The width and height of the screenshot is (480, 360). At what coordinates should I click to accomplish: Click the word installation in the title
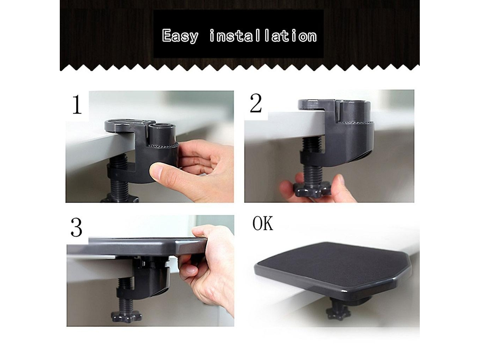[263, 35]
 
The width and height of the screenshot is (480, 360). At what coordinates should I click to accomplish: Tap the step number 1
[77, 104]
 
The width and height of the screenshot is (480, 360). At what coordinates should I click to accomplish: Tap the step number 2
[256, 103]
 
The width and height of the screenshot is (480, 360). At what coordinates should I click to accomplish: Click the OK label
[262, 224]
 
